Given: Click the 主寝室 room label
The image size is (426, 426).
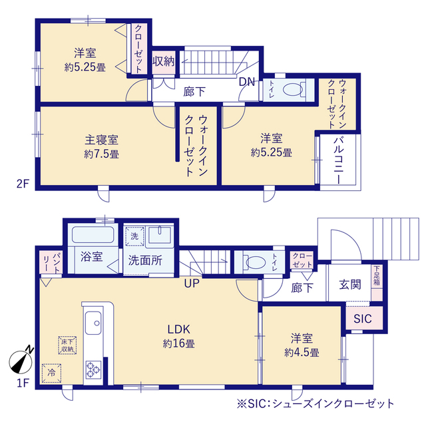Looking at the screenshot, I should pyautogui.click(x=101, y=140).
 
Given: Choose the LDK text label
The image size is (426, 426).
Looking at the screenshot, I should pyautogui.click(x=179, y=329).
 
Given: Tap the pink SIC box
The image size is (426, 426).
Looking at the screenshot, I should pyautogui.click(x=363, y=318).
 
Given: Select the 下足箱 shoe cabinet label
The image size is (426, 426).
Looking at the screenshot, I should pyautogui.click(x=377, y=276).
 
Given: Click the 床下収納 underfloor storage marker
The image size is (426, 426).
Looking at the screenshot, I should pyautogui.click(x=67, y=345).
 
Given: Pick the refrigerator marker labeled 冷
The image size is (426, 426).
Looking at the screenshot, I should pyautogui.click(x=51, y=373).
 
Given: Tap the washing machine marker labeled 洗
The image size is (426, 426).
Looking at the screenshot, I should pyautogui.click(x=132, y=236).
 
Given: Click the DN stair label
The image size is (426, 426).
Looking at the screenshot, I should pyautogui.click(x=247, y=82).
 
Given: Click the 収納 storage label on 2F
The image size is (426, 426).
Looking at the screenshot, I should pyautogui.click(x=163, y=62).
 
